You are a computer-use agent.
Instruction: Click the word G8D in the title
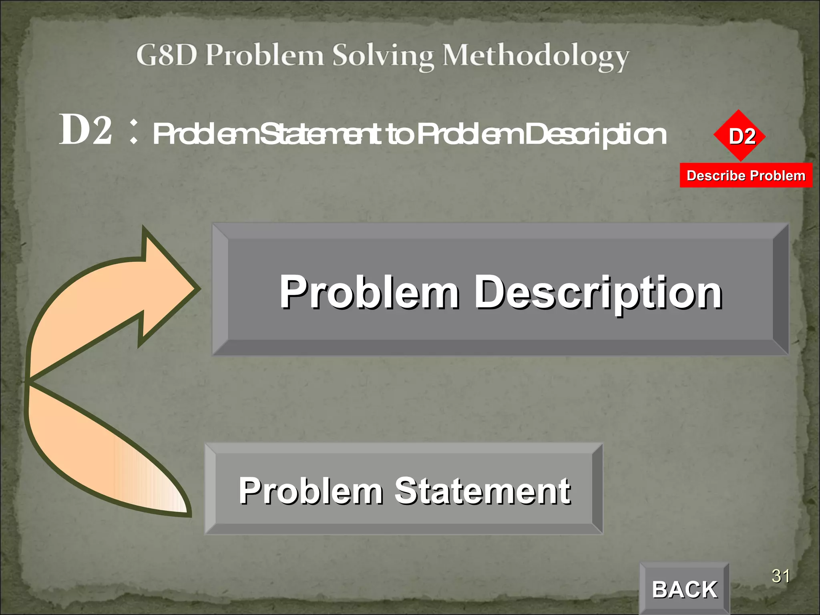[x=167, y=55]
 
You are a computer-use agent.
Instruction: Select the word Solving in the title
[x=383, y=56]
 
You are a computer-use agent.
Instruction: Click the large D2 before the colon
[x=86, y=130]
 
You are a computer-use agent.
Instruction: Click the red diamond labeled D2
[x=739, y=136]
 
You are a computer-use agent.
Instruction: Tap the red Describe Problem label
[x=746, y=175]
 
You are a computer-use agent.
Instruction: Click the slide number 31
[x=780, y=576]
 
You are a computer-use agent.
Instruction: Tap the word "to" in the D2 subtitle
[x=399, y=135]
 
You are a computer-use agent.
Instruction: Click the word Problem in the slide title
[x=264, y=55]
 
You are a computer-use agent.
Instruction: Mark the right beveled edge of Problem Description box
[x=780, y=289]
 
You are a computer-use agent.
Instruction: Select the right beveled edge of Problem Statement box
[x=597, y=488]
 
